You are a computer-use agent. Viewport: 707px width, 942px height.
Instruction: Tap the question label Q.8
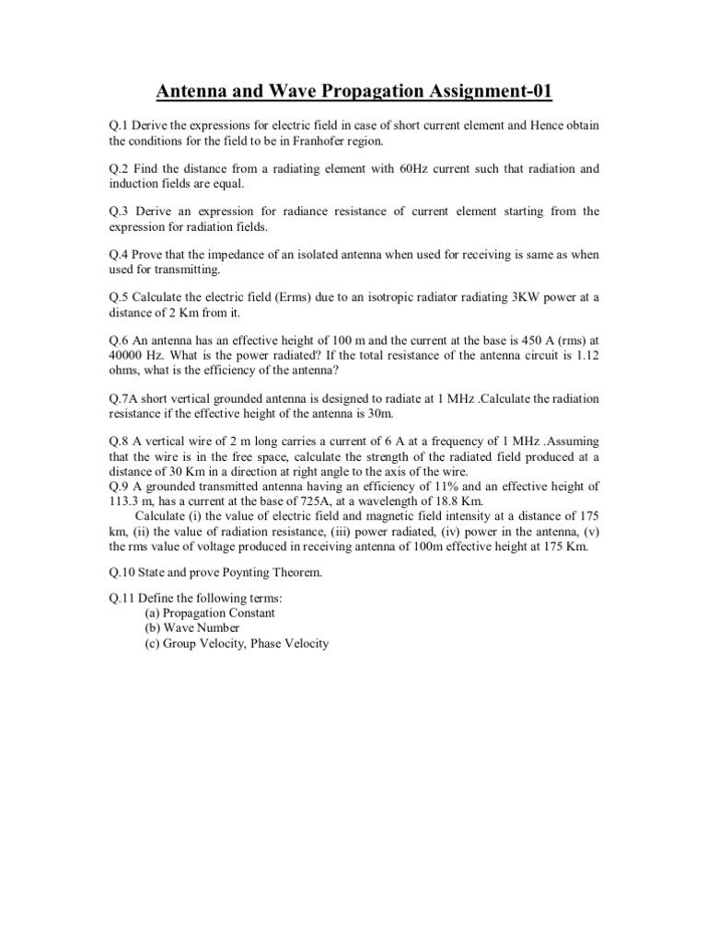point(121,442)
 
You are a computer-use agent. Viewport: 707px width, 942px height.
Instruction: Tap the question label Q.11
point(124,600)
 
